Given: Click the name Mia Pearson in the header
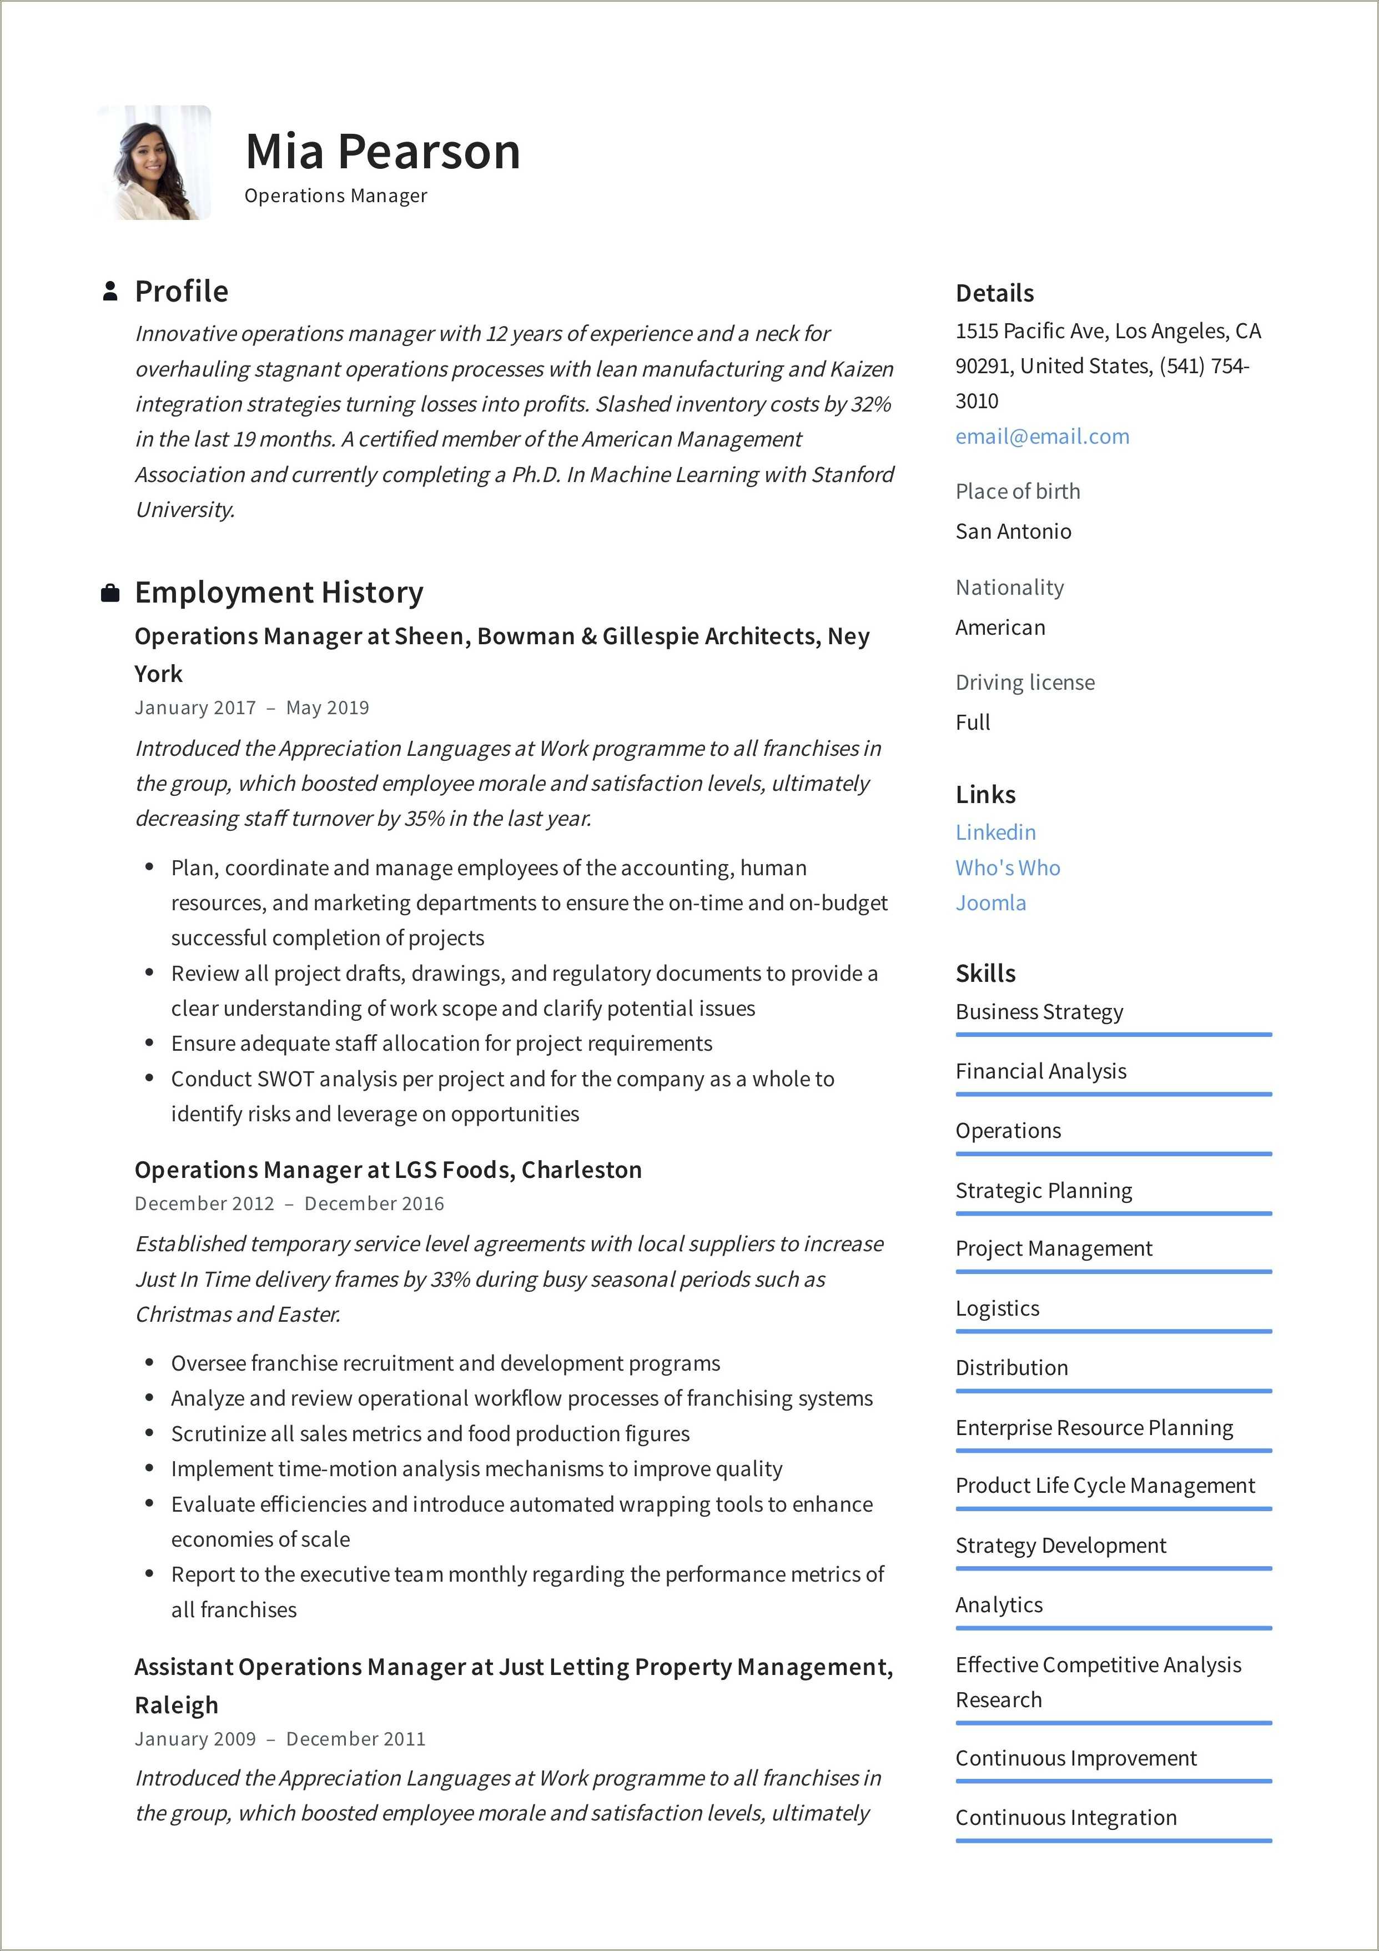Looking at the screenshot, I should point(383,152).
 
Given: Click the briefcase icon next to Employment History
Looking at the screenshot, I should point(109,593).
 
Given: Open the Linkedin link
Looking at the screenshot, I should point(995,832).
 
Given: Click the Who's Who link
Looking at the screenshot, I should point(1007,867).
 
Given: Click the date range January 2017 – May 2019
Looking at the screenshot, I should point(251,708).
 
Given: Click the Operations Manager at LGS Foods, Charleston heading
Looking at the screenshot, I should point(387,1170).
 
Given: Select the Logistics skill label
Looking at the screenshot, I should point(996,1308).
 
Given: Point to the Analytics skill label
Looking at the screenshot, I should point(998,1604).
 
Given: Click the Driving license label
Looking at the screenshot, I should point(1025,683).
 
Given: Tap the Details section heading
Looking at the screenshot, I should point(994,293).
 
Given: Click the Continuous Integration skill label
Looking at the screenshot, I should point(1065,1818).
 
